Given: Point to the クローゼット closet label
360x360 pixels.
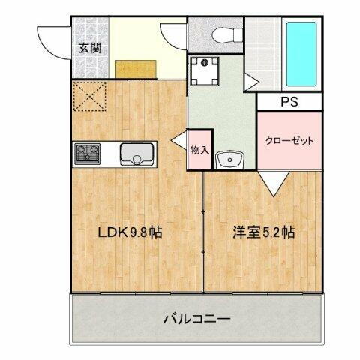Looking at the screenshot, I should (x=289, y=141).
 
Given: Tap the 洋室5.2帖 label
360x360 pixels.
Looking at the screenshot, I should (x=262, y=232).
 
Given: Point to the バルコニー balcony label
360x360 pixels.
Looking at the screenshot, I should (x=196, y=319).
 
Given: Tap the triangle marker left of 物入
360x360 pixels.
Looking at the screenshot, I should (x=179, y=140).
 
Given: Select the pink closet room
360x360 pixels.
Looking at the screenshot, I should (x=289, y=140).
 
